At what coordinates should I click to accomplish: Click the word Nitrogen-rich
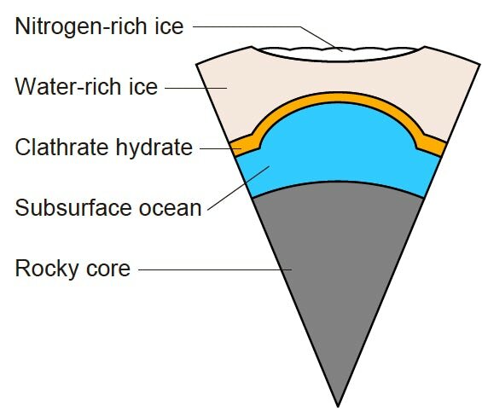(81, 26)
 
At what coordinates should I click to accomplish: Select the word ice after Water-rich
(143, 86)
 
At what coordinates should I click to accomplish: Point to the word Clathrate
(61, 148)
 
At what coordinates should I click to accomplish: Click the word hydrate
(154, 148)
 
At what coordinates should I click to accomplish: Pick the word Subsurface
(73, 208)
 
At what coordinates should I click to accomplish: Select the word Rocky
(47, 269)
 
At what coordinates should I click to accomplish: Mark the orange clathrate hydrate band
(338, 97)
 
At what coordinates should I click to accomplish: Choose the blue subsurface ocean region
(338, 148)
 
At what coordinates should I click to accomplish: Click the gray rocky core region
(338, 261)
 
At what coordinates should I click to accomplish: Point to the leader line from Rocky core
(215, 270)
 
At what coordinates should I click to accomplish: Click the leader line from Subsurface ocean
(239, 188)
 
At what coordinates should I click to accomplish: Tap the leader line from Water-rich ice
(196, 88)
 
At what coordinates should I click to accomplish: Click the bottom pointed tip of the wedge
(338, 407)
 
